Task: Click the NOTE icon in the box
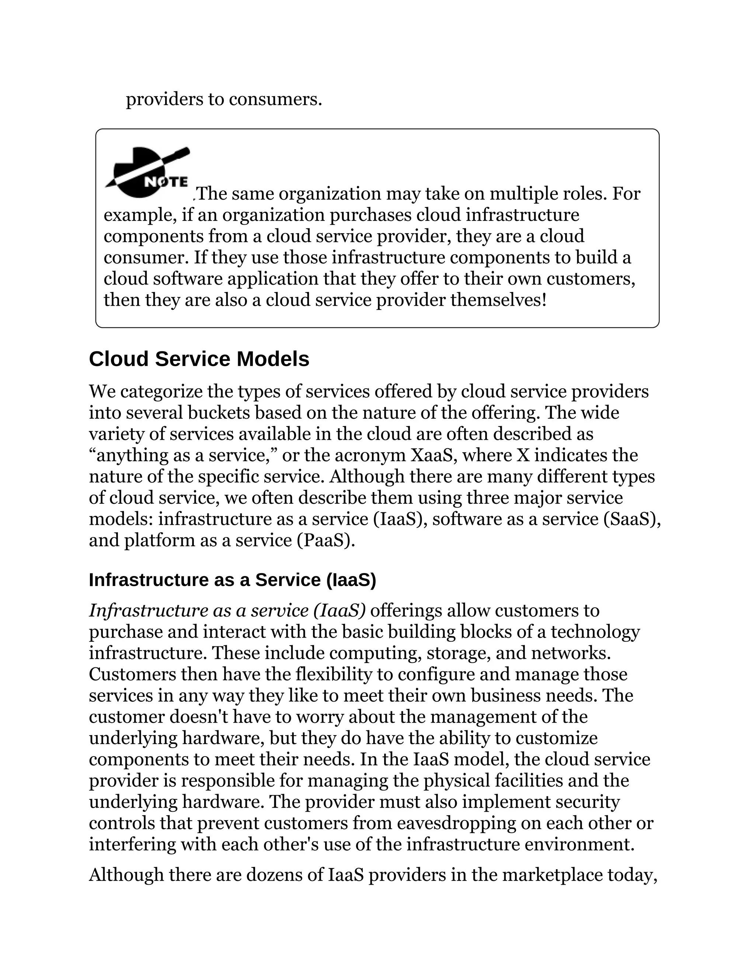click(x=147, y=172)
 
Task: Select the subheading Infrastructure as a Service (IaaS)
click(x=232, y=580)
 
